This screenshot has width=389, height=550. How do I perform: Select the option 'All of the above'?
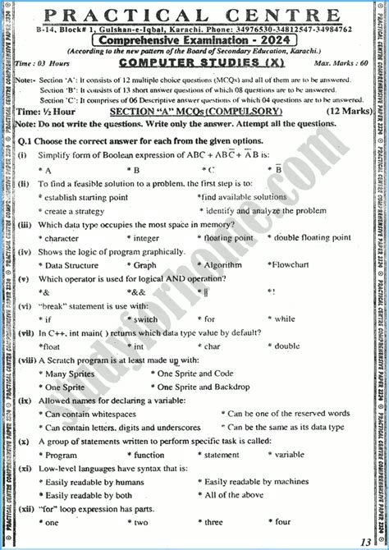pos(233,495)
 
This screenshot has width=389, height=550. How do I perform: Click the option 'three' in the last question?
pos(213,521)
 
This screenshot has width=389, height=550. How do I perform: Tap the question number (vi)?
pos(24,305)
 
